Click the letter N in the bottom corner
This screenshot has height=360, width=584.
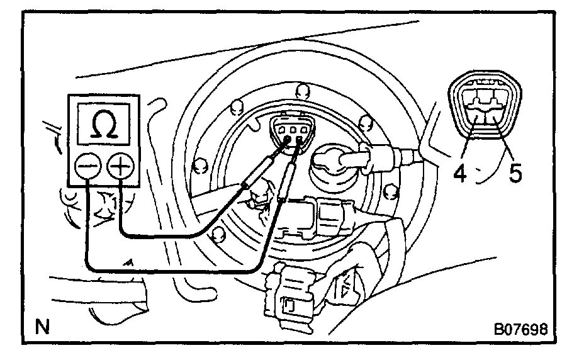(42, 328)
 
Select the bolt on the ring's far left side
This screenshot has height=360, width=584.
(200, 165)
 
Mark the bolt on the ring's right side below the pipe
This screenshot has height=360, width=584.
(390, 191)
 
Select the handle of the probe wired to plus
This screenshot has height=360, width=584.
(259, 173)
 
